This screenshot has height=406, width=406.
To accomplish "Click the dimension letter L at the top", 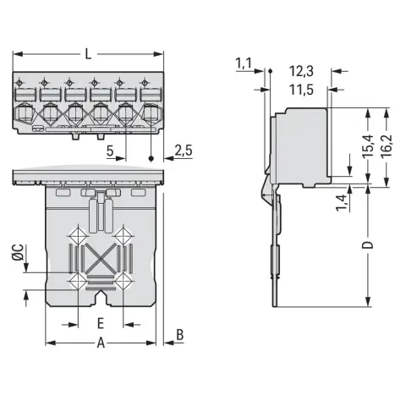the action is click(x=89, y=53).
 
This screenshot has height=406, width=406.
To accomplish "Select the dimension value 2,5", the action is click(x=184, y=151).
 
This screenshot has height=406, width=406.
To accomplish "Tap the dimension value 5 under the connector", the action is click(x=110, y=151).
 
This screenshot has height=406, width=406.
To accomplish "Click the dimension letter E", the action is click(x=101, y=323).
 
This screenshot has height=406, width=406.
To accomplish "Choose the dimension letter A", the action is click(x=101, y=343).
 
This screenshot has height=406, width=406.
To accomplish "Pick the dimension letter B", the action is click(x=180, y=335).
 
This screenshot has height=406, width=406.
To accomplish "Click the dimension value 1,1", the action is click(x=244, y=63).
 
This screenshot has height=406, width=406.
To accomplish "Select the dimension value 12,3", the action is click(x=301, y=71).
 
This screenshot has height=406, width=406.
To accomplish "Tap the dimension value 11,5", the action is click(x=301, y=90).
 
